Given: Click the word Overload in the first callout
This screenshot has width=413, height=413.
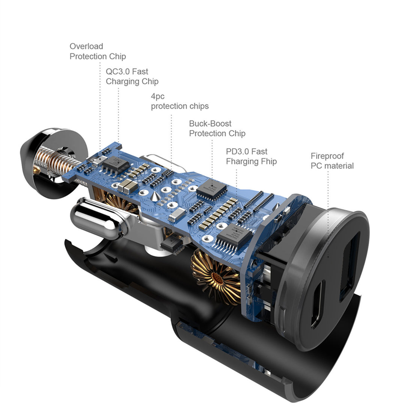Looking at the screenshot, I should click(x=86, y=46).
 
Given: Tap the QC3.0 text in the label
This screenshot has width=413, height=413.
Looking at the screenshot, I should click(x=117, y=71).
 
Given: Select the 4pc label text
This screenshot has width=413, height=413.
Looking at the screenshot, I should click(x=158, y=96).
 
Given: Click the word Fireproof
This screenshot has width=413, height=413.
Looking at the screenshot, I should click(x=327, y=156).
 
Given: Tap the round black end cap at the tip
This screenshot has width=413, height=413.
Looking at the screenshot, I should click(x=38, y=158).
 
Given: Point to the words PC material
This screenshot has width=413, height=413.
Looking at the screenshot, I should click(x=332, y=166).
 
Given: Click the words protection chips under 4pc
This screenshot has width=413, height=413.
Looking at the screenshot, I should click(x=179, y=106).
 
